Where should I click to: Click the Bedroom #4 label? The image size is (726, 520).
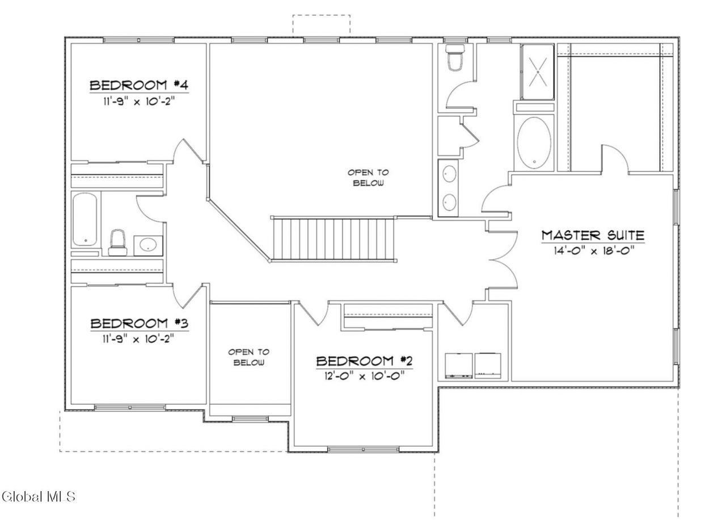tap(139, 86)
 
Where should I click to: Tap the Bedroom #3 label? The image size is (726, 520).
tap(140, 323)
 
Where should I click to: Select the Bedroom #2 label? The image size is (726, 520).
tap(363, 361)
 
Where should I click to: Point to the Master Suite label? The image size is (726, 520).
tap(593, 235)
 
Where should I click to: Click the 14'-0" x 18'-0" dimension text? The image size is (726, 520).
tap(593, 250)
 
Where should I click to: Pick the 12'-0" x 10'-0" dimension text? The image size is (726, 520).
tap(363, 376)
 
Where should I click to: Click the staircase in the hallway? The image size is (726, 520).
tap(333, 239)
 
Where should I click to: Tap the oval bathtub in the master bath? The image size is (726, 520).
tap(534, 143)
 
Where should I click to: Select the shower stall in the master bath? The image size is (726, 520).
tap(537, 72)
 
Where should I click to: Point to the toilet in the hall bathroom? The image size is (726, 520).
tap(117, 243)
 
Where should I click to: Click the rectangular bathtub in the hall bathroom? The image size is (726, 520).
tap(85, 220)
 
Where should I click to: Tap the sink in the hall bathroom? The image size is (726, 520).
tap(149, 245)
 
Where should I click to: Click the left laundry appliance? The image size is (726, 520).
tap(458, 365)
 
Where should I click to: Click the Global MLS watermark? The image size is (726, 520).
tap(39, 497)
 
